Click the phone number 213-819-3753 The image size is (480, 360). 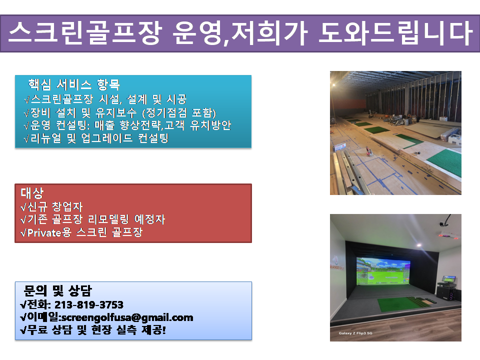89,305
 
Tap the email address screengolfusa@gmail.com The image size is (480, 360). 127,318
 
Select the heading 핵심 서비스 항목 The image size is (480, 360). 74,84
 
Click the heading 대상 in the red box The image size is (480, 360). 32,193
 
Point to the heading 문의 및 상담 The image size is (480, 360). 57,290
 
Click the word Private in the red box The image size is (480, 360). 44,233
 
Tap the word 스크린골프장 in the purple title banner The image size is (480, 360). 85,33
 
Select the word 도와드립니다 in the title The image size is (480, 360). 395,33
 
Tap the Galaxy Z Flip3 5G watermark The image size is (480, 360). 355,333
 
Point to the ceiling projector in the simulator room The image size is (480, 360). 446,232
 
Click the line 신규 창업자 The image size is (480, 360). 51,207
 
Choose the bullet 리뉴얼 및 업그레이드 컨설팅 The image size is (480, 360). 96,138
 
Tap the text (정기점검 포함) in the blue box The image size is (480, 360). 179,113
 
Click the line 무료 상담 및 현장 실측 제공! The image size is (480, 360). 93,330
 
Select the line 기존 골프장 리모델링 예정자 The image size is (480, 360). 93,219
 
